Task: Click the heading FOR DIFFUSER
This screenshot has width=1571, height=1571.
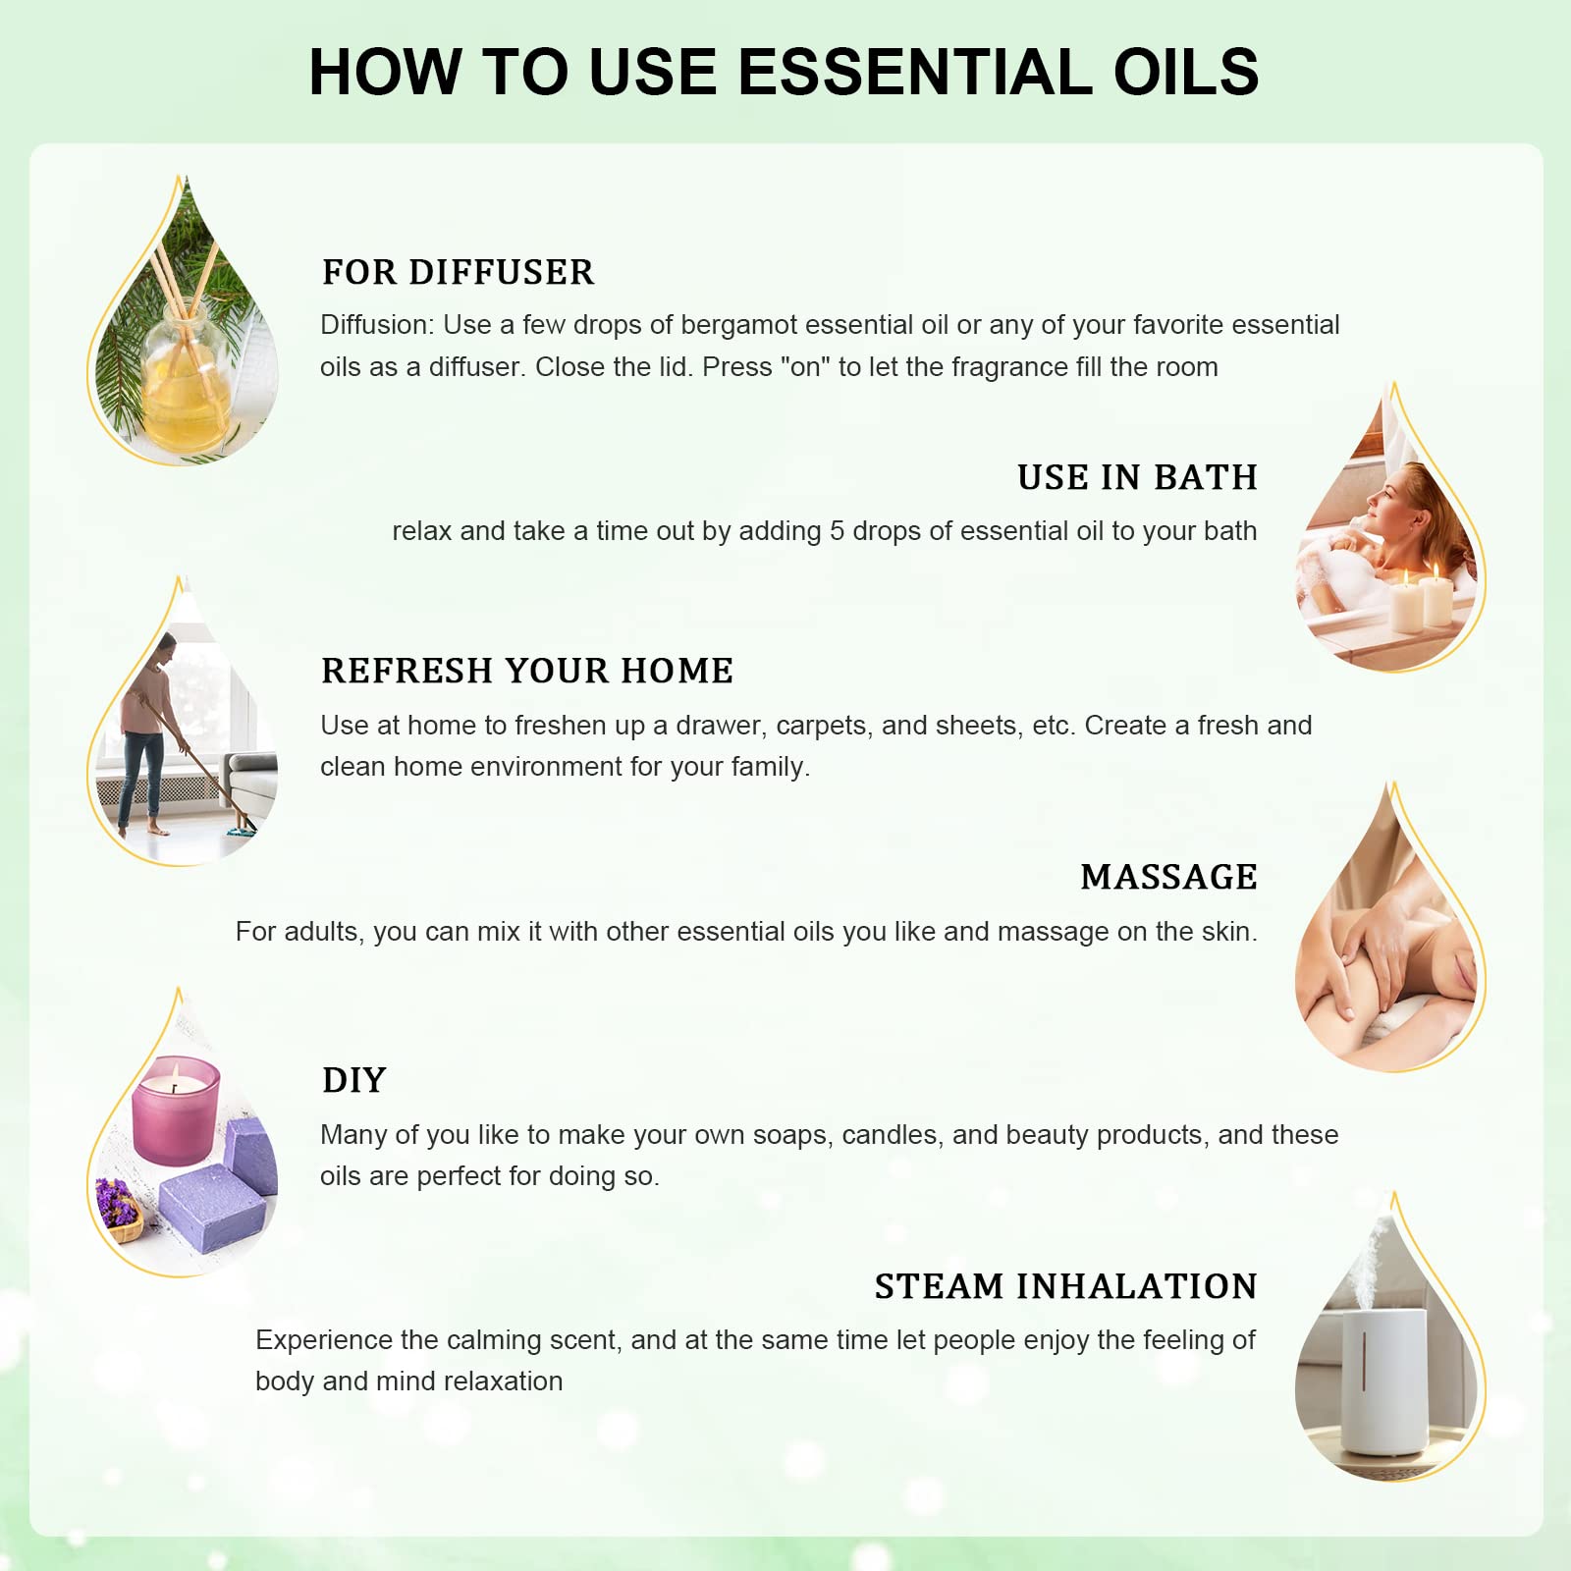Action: [x=458, y=272]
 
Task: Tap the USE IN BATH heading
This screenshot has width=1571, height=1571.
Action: [x=1137, y=477]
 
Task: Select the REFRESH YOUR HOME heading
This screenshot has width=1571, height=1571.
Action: [x=527, y=671]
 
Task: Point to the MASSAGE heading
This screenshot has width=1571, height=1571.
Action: [x=1168, y=877]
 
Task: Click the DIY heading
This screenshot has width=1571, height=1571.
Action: [x=354, y=1080]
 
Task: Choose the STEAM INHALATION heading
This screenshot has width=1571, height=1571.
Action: [x=1065, y=1286]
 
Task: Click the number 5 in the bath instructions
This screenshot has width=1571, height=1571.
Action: [x=837, y=531]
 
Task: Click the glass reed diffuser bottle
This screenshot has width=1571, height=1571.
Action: [x=187, y=378]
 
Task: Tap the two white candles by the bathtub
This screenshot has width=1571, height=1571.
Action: [x=1421, y=599]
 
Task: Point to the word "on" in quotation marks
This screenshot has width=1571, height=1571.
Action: [x=805, y=367]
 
